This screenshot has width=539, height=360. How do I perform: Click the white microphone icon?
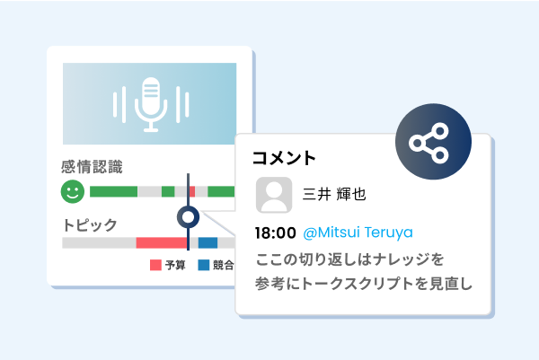[x=151, y=104]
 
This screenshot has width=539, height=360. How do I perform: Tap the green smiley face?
[x=73, y=191]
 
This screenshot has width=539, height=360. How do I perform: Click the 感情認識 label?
[x=92, y=167]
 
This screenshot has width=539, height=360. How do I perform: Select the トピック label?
[x=90, y=225]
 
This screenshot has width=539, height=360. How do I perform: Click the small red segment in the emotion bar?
[x=192, y=191]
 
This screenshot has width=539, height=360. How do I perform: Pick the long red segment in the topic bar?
[x=162, y=243]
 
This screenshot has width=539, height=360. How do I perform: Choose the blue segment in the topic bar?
[x=208, y=243]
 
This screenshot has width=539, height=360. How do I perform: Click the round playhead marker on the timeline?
[x=188, y=217]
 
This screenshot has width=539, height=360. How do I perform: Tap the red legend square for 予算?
[x=155, y=265]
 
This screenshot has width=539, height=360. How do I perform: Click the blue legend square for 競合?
[x=204, y=265]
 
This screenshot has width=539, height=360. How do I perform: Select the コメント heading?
[x=284, y=158]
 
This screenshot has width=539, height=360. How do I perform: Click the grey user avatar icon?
[x=274, y=195]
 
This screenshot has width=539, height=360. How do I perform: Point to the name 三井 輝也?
[x=334, y=194]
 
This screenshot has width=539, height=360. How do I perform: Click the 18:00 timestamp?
[x=276, y=233]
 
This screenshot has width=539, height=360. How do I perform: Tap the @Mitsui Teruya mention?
[x=358, y=233]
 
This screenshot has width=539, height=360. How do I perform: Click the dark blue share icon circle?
[x=433, y=142]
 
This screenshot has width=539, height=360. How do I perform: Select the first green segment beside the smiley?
[x=113, y=191]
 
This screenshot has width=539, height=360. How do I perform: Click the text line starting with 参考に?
[x=364, y=284]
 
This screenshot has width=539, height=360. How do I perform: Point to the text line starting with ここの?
[x=349, y=259]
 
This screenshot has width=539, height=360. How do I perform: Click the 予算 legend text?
[x=175, y=265]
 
